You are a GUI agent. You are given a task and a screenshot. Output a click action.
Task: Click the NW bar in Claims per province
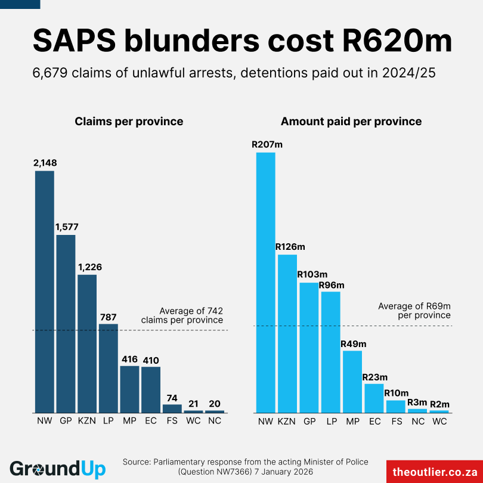pyautogui.click(x=45, y=292)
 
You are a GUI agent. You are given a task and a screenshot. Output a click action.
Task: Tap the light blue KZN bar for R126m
pyautogui.click(x=287, y=334)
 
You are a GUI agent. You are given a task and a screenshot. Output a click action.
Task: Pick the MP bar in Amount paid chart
pyautogui.click(x=352, y=382)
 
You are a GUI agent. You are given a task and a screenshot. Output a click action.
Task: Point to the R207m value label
pyautogui.click(x=267, y=144)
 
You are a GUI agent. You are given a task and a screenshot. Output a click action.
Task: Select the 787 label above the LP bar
pyautogui.click(x=109, y=317)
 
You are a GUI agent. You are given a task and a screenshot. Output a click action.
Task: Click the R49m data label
pyautogui.click(x=353, y=343)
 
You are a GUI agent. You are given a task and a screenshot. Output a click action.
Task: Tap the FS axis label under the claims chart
pyautogui.click(x=172, y=421)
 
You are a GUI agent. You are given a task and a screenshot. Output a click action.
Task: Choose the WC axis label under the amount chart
pyautogui.click(x=439, y=421)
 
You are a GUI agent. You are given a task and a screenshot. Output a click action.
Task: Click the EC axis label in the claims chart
pyautogui.click(x=151, y=421)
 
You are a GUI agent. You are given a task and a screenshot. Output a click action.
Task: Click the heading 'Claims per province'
pyautogui.click(x=129, y=122)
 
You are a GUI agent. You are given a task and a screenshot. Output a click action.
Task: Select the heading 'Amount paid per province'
pyautogui.click(x=351, y=122)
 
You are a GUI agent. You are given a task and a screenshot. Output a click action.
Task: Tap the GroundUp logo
pyautogui.click(x=58, y=469)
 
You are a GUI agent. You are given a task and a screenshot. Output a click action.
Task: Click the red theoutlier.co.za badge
pyautogui.click(x=435, y=471)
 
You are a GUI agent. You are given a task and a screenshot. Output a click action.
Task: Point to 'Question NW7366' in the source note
pyautogui.click(x=218, y=472)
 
